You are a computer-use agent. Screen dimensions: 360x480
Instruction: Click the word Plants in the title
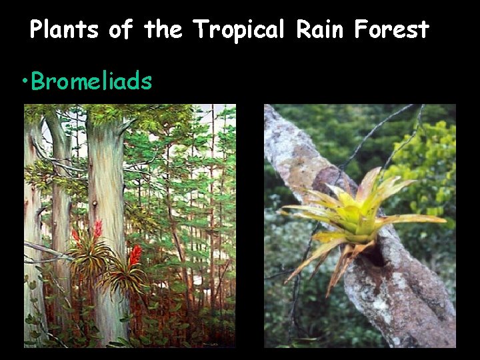[63, 30]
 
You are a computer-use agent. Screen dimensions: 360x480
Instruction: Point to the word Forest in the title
[391, 30]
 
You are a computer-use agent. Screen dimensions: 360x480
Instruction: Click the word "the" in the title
[165, 30]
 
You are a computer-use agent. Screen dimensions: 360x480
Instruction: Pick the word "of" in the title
[121, 30]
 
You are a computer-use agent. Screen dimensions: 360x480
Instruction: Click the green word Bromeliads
[92, 81]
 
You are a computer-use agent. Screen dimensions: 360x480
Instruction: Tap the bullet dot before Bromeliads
[25, 82]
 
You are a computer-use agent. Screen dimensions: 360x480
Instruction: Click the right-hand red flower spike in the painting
[135, 255]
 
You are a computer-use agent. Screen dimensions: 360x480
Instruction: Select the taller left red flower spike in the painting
[97, 229]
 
